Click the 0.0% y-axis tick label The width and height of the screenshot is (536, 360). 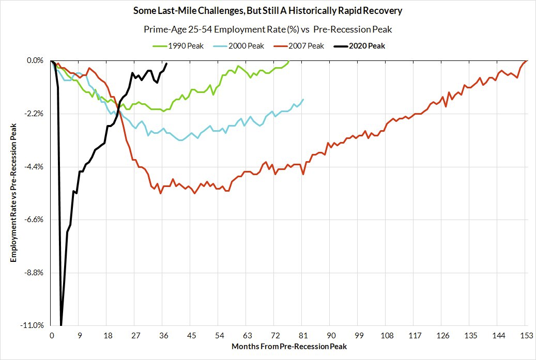[35, 60]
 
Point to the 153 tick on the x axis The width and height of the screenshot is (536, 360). [526, 335]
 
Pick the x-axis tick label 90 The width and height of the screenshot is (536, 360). [331, 335]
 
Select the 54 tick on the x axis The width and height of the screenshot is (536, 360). [219, 335]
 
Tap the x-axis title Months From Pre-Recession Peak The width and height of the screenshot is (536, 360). [289, 346]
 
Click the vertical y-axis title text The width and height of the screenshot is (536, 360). [14, 193]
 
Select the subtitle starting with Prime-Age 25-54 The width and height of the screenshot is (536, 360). [268, 29]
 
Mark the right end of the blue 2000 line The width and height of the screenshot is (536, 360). [303, 99]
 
